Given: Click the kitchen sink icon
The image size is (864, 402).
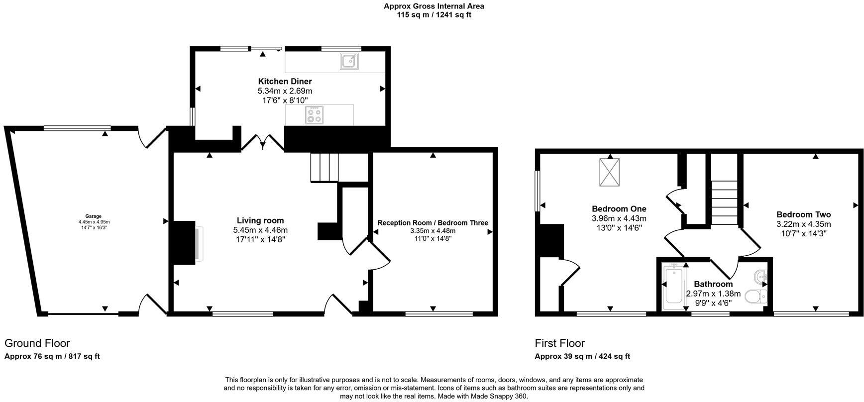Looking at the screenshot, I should pos(350,61).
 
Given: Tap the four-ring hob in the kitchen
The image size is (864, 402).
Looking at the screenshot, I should pos(315,115).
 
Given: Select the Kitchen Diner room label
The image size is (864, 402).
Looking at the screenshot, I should pos(285,82).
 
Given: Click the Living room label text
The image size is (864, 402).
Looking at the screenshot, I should pos(260,220).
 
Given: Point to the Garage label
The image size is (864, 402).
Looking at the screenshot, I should pos(93,216).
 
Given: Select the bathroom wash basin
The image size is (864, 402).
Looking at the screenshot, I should pos(760,276).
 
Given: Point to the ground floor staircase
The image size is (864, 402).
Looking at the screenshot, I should pos(324,168).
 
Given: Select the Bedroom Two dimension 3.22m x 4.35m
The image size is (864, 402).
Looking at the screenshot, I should pos(803,224).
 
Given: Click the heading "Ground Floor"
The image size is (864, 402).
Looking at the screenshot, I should pos(37,343).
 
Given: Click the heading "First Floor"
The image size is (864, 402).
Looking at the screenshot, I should pos(559,343).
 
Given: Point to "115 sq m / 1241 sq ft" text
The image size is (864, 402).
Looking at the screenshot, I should pos(433,15).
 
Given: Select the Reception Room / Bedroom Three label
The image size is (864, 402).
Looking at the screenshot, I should pos(432,223).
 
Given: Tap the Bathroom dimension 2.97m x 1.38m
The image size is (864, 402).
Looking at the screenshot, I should pos(713,294).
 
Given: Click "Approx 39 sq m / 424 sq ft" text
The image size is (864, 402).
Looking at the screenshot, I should pos(582,356).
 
